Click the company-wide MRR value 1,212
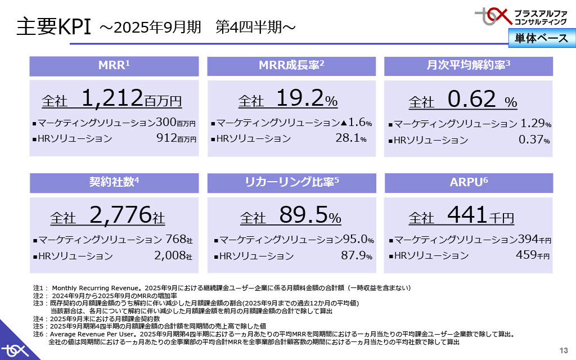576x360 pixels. (x=112, y=99)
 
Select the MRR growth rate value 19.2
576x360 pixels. (x=299, y=99)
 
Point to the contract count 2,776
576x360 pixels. (x=120, y=214)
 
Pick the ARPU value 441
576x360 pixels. (x=467, y=214)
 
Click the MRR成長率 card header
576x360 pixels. (x=291, y=65)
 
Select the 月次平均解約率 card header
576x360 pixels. (x=468, y=65)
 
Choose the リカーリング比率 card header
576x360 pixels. (x=291, y=182)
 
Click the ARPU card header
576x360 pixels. (x=468, y=182)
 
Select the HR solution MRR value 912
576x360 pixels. (x=165, y=138)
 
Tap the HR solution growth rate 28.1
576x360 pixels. (x=347, y=138)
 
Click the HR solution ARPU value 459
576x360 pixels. (x=526, y=255)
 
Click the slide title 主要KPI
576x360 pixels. (x=53, y=27)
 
